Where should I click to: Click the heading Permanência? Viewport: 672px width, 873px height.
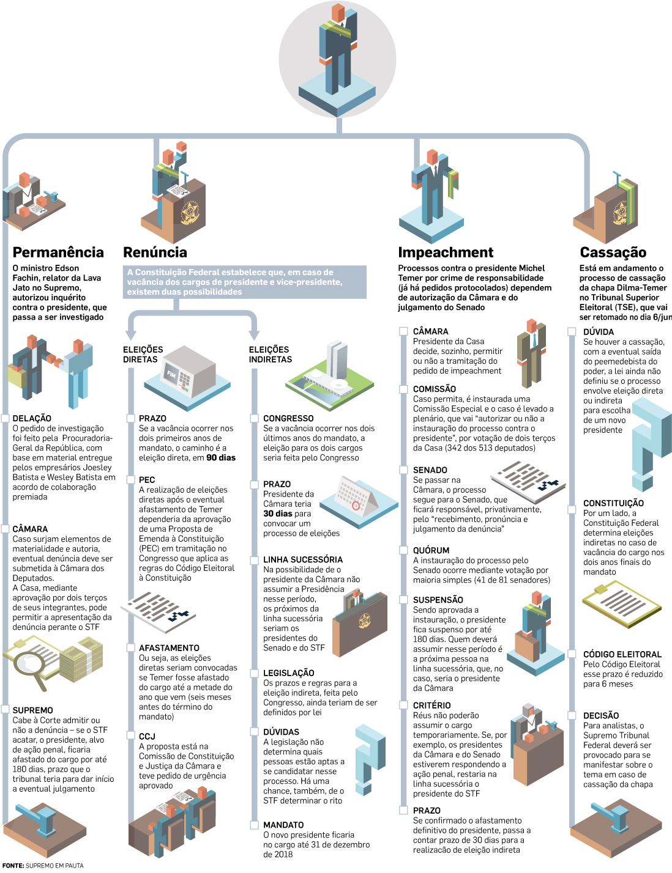tap(58, 252)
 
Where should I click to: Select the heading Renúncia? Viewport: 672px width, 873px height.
tap(155, 252)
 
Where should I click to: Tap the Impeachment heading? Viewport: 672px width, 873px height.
tap(446, 252)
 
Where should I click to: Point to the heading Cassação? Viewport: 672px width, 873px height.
tap(613, 252)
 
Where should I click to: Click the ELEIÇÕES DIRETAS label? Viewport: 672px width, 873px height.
tap(143, 355)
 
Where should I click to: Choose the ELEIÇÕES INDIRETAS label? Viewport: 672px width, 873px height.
tap(270, 355)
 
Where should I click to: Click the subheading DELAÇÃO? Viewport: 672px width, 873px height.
tap(32, 418)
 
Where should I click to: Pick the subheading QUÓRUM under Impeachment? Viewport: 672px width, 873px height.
tap(431, 550)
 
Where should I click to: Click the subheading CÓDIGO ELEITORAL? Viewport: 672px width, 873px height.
tap(622, 654)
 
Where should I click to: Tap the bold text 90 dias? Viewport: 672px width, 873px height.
tap(221, 458)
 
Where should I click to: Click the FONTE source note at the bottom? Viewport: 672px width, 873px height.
tap(43, 866)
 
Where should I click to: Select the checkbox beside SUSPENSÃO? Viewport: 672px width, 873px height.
tap(403, 600)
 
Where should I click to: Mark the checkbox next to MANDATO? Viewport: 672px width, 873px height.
tap(255, 825)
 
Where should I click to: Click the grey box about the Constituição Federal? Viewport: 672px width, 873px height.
tap(245, 282)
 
